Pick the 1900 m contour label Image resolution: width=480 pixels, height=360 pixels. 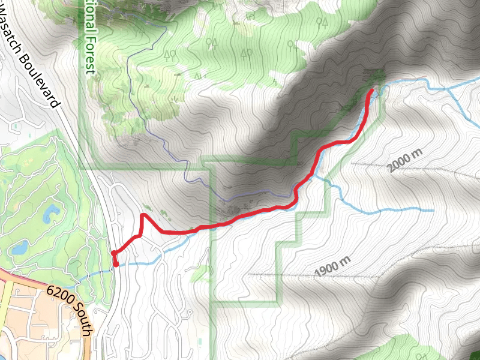coord(332,266)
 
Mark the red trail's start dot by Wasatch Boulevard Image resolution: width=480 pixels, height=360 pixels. coord(115,262)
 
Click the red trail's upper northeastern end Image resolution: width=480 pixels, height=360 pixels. coord(372,91)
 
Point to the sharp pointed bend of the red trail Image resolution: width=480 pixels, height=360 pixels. coord(143,215)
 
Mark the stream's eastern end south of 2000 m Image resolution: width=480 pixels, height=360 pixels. coord(432,211)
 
